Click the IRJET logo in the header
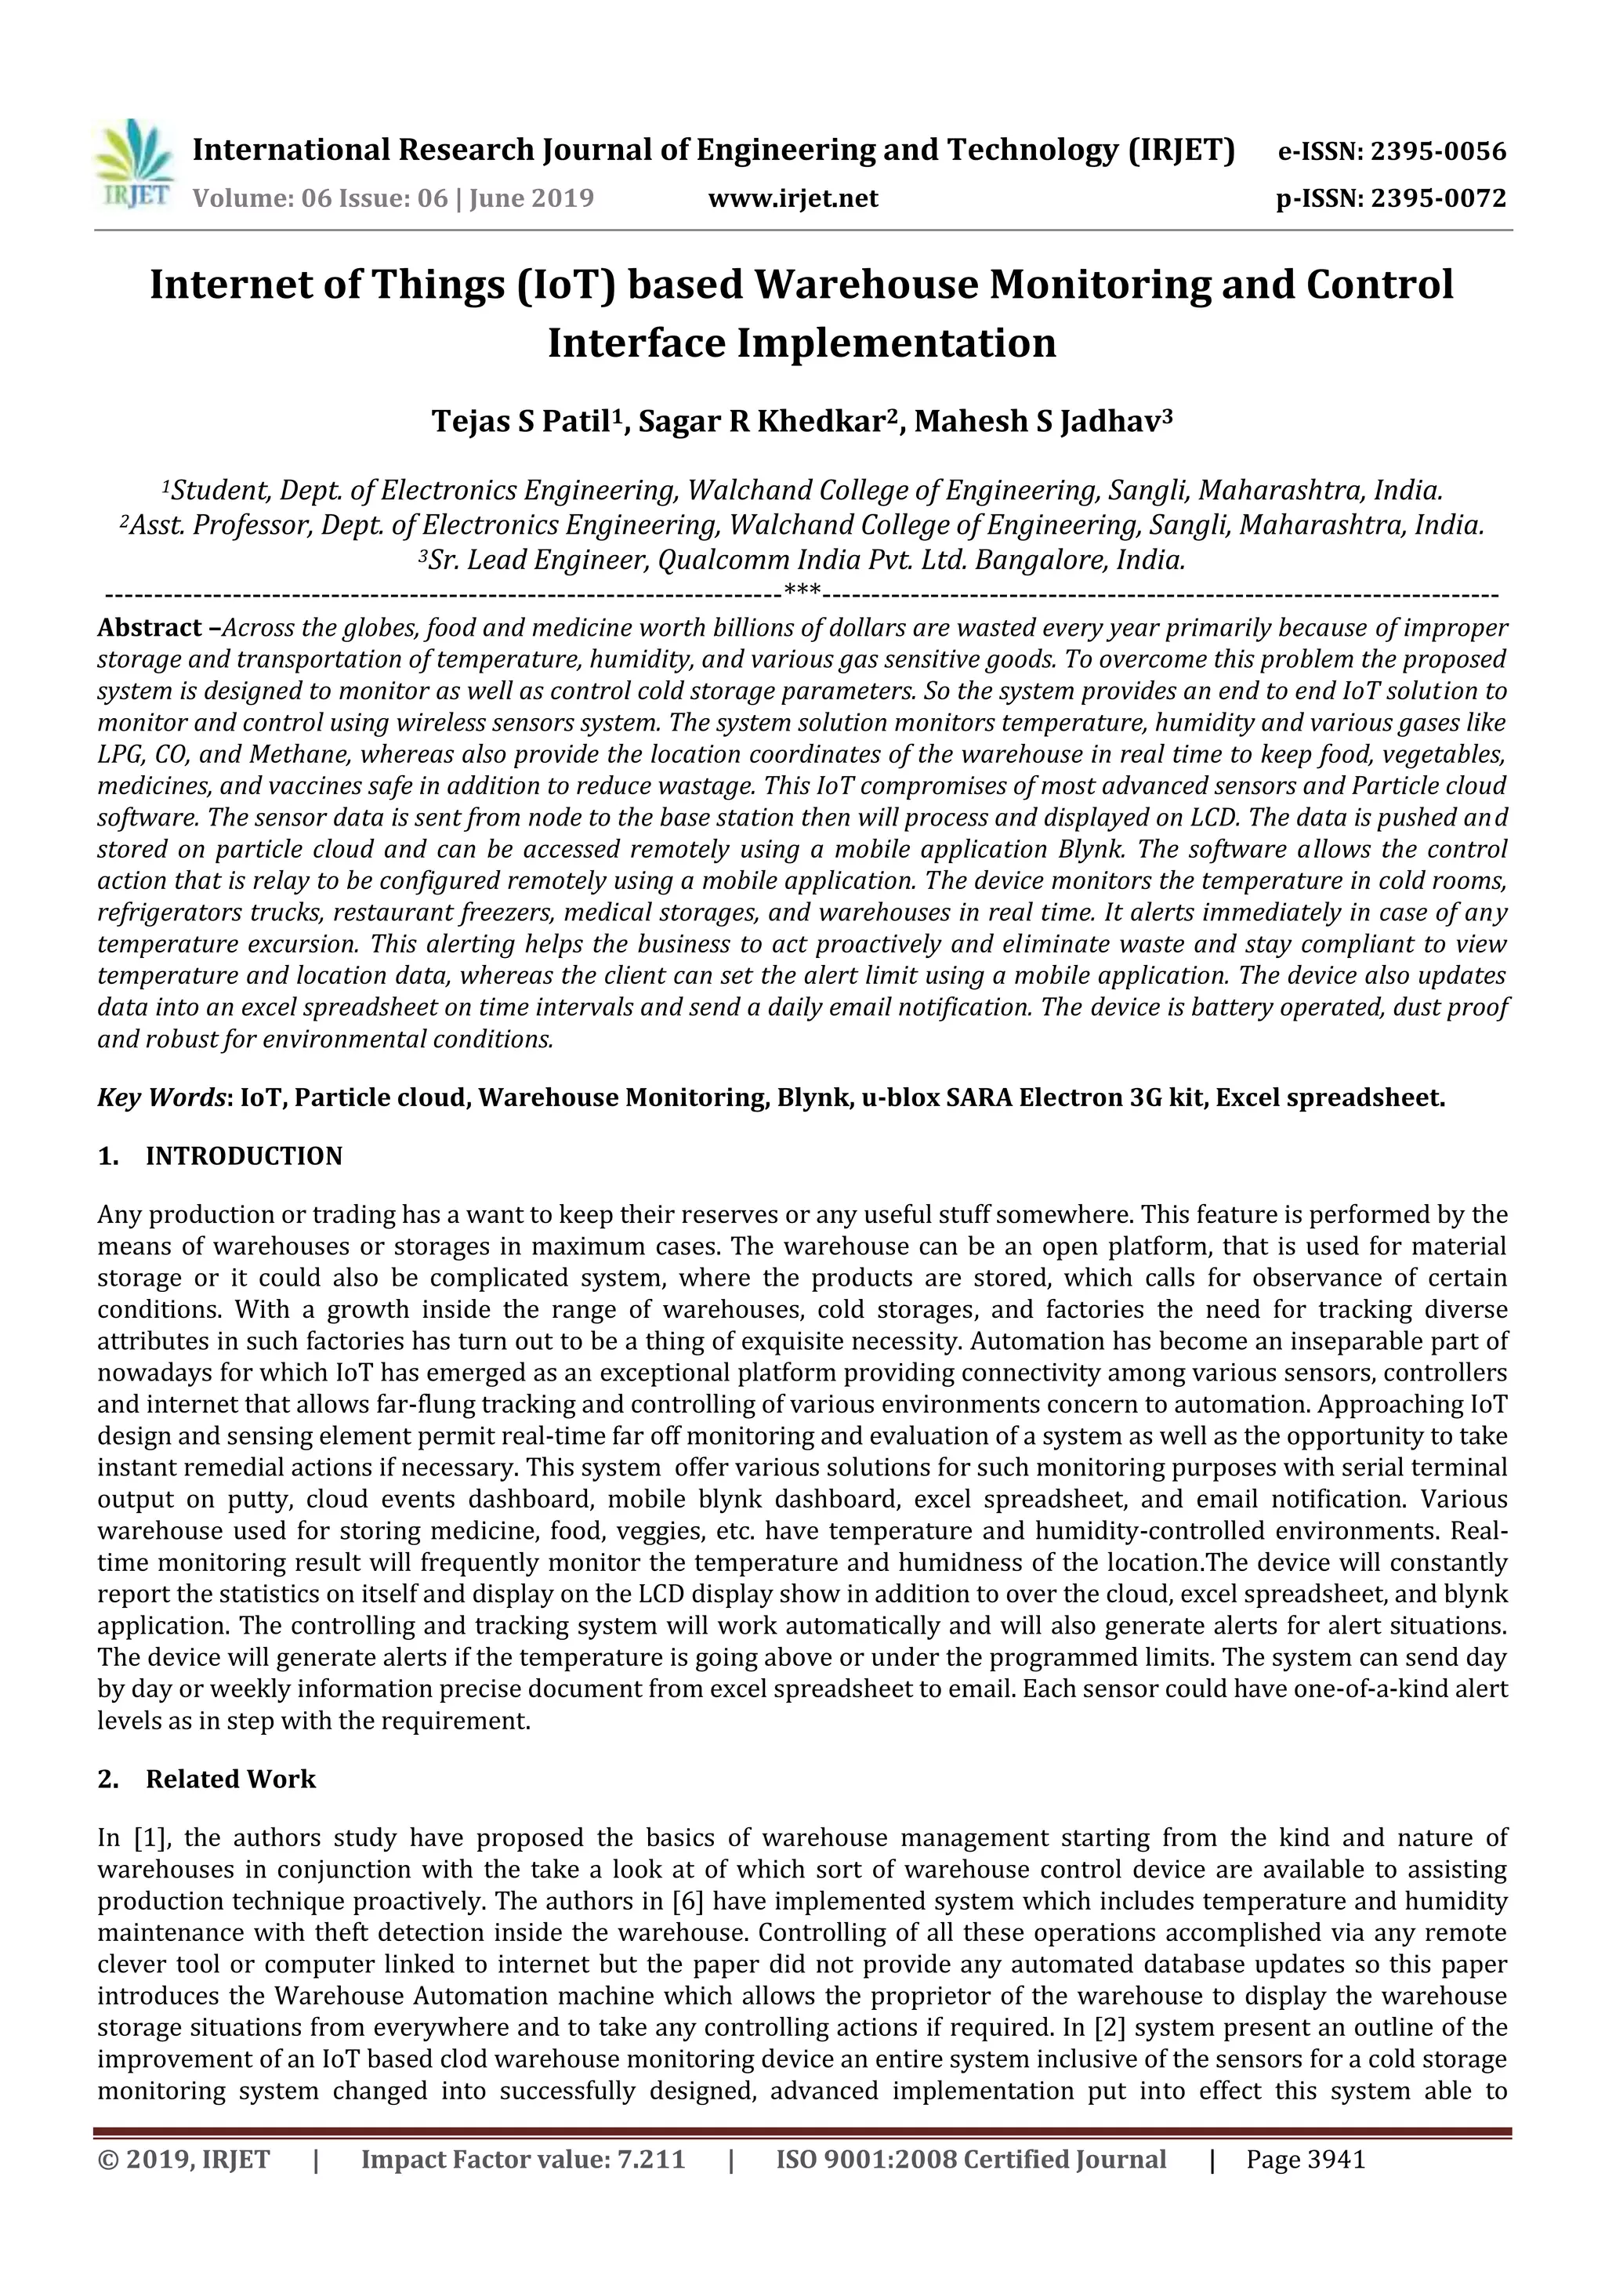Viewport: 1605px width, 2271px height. (x=132, y=164)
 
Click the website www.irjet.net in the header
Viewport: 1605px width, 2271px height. (x=793, y=199)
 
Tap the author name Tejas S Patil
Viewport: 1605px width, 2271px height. (x=518, y=423)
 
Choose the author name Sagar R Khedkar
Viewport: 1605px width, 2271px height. (x=759, y=423)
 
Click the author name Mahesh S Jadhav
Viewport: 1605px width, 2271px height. (x=1035, y=423)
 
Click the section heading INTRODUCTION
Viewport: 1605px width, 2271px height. (x=243, y=1156)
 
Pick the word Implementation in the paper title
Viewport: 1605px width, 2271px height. (x=896, y=343)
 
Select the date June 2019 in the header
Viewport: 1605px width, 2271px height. (x=531, y=199)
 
